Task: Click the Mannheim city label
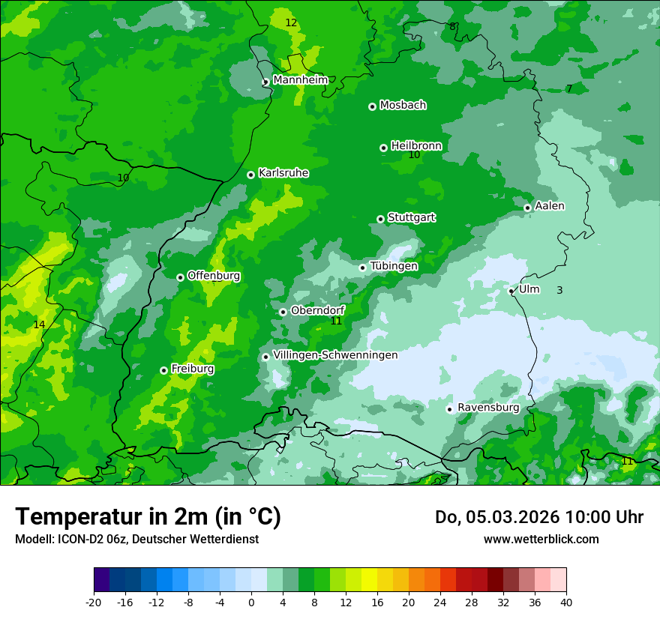click(300, 80)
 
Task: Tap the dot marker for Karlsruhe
click(251, 175)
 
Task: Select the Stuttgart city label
click(411, 217)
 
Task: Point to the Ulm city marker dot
click(511, 291)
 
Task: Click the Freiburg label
click(192, 369)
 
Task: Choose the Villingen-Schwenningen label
click(335, 355)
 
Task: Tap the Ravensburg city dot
click(450, 409)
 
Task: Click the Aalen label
click(550, 206)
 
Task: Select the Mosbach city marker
click(372, 106)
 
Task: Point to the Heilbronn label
click(416, 145)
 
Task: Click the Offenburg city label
click(214, 276)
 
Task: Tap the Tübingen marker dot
click(363, 268)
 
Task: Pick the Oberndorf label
click(317, 310)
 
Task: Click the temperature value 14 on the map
click(39, 324)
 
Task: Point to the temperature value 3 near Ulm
click(559, 290)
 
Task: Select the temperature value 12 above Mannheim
click(291, 23)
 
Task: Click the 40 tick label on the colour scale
click(566, 602)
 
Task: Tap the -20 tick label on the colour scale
click(94, 602)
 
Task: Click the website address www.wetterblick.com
click(541, 539)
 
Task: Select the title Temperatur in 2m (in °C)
click(148, 517)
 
